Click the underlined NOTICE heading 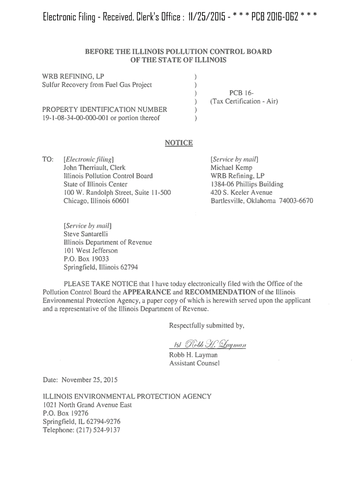pyautogui.click(x=179, y=143)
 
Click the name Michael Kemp pyautogui.click(x=231, y=167)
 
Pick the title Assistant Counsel pyautogui.click(x=194, y=363)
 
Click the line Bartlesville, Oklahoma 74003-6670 pyautogui.click(x=262, y=201)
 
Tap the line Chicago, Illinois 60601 pyautogui.click(x=97, y=201)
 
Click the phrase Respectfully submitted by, pyautogui.click(x=207, y=325)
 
